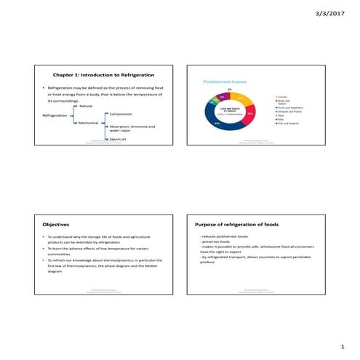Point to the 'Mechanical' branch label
(87, 123)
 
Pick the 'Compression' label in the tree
(121, 114)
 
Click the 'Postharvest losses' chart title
(224, 83)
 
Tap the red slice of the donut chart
(249, 115)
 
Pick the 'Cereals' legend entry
(284, 96)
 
